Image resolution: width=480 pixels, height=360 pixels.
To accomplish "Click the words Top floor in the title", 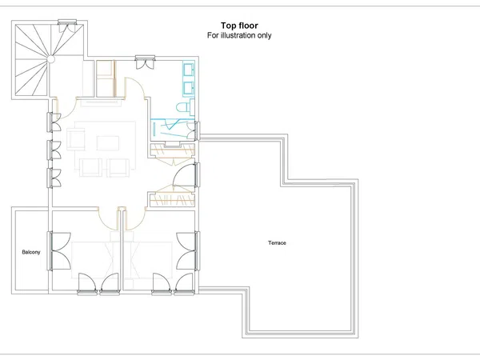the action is pos(239,26).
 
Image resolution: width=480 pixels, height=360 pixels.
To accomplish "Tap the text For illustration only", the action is pos(239,35).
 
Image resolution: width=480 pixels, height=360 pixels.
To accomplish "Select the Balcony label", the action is pos(31,252).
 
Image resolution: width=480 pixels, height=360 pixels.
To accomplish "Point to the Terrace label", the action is pos(277,242).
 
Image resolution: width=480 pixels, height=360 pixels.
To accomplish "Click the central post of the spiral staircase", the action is pos(51,59).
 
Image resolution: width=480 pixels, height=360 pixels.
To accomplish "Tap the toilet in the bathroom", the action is pos(186,107).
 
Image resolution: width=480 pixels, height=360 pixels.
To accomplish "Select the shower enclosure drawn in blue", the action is pos(173,129).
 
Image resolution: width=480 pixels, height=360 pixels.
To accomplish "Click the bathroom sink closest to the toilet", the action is pos(188,89).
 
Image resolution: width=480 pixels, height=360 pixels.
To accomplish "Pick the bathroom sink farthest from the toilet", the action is pos(188,69).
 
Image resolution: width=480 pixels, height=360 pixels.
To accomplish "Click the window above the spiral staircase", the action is pos(67,22).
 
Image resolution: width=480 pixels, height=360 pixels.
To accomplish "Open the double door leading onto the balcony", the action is pos(59,251).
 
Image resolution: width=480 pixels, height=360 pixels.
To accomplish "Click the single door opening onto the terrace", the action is pos(186,175).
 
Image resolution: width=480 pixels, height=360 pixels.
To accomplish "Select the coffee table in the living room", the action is pos(108,143).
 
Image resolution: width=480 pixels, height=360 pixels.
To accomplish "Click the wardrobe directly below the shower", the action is pos(172,150).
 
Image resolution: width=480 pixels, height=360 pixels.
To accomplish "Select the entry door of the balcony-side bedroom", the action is pos(108,219).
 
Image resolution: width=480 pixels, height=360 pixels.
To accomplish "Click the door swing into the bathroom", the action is pos(134,89).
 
